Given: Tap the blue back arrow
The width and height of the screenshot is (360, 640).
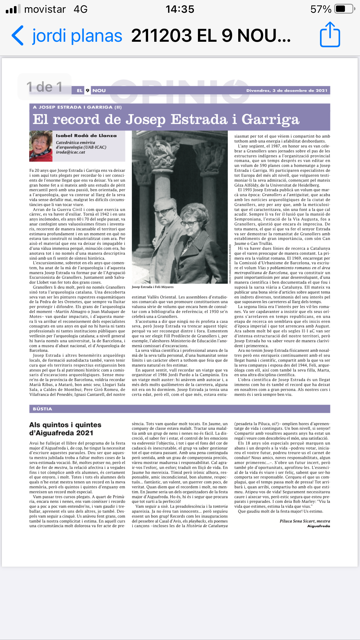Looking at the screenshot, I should coord(17,36).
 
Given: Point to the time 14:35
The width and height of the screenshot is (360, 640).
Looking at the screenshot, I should coord(180,9).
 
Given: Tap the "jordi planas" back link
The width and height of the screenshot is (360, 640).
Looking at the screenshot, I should coord(77,36).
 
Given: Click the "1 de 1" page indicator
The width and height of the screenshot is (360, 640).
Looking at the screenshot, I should coord(44,87).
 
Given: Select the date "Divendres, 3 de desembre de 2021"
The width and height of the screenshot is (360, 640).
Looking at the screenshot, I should coord(287,90).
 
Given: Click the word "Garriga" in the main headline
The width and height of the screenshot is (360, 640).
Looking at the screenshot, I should coord(270,119).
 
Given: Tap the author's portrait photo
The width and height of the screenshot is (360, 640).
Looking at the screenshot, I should coord(41,146).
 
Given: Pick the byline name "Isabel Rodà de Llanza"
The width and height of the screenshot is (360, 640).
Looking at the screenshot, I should coord(86,136).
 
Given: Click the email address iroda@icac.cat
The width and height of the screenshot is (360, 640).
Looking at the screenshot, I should coord(70,152).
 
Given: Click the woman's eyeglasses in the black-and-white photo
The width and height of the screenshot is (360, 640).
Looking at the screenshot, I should coord(188,223).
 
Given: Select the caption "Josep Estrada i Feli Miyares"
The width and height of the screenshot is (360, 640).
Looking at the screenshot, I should coord(152,287).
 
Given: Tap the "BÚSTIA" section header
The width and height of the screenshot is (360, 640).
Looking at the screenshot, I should coord(42,409).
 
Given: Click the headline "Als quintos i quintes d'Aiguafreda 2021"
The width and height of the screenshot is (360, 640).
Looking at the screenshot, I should coord(65,429).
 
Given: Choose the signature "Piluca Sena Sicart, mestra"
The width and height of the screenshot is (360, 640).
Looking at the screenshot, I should coord(305,521).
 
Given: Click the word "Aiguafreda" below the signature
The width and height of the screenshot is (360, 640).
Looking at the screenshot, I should coord(318,526).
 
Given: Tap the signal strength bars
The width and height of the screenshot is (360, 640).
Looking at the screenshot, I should coord(13,9).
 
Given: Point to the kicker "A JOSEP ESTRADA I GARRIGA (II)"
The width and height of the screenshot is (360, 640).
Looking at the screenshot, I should coord(77,107).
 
